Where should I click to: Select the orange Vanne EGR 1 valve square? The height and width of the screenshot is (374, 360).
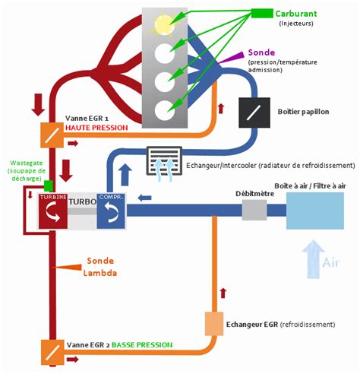coord(52,135)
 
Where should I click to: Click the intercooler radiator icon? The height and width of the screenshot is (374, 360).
coord(161,161)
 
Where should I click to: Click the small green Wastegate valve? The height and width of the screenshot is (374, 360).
coord(48,185)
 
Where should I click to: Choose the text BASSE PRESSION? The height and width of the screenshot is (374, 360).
coord(141,345)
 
